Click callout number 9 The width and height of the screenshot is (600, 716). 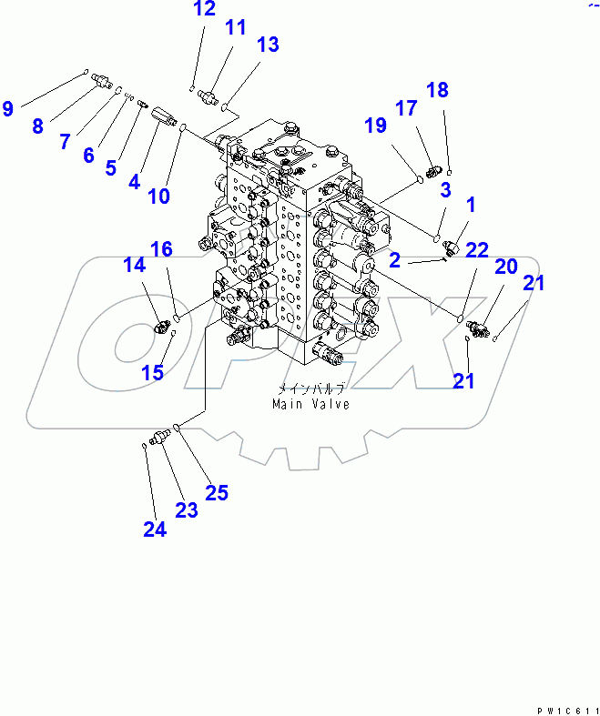[x=8, y=109]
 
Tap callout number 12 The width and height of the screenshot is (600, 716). [x=205, y=10]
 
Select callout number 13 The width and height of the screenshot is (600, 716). [x=267, y=44]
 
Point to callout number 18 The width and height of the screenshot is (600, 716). [x=437, y=89]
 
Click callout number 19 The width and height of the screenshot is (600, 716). [x=375, y=126]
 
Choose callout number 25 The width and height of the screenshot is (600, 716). [x=216, y=493]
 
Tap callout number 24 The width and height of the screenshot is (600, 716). [x=155, y=529]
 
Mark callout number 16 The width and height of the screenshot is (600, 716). [x=161, y=248]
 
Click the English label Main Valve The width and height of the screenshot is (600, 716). [x=310, y=404]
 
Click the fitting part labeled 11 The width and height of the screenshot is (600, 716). [x=211, y=96]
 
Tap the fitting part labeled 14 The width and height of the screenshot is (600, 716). [x=162, y=326]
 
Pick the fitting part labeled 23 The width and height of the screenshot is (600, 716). [x=161, y=438]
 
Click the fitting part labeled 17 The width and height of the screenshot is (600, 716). [x=432, y=169]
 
